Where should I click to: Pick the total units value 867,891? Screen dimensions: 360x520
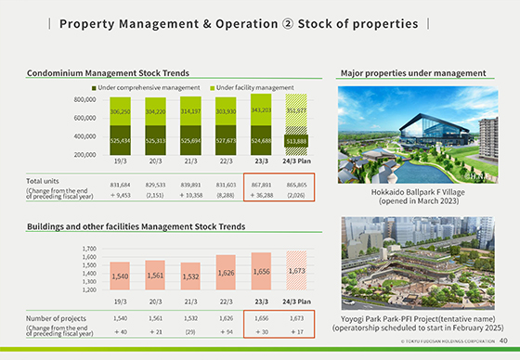pyautogui.click(x=260, y=186)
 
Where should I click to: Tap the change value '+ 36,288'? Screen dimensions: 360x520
pyautogui.click(x=260, y=195)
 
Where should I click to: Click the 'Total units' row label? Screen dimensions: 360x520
pyautogui.click(x=44, y=181)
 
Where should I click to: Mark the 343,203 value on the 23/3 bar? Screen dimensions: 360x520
pyautogui.click(x=260, y=109)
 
